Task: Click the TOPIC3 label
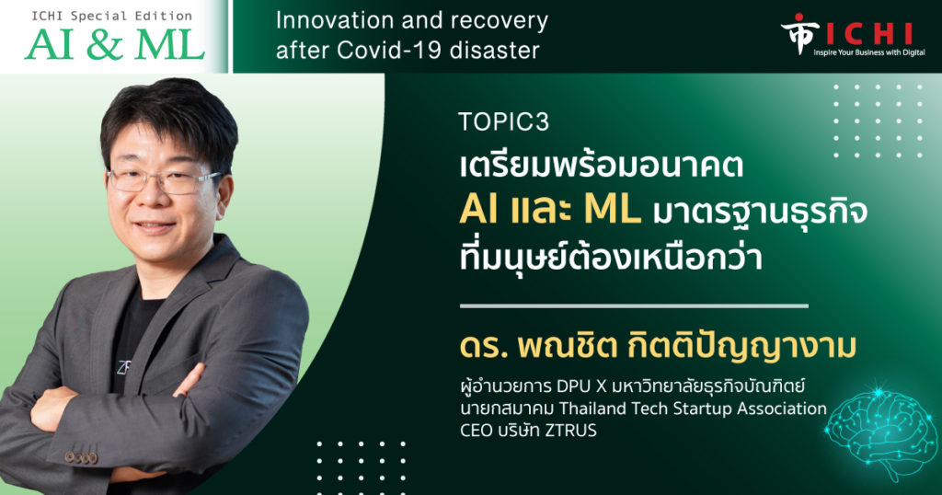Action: coord(503,122)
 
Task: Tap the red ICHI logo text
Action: coord(869,34)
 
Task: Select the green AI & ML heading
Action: coord(115,44)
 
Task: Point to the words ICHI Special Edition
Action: coord(112,17)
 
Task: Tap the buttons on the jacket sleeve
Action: coord(81,457)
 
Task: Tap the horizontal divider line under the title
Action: coord(634,305)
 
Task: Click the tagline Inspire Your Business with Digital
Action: coord(869,52)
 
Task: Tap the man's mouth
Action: coord(155,226)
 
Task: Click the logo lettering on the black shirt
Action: coord(124,366)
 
